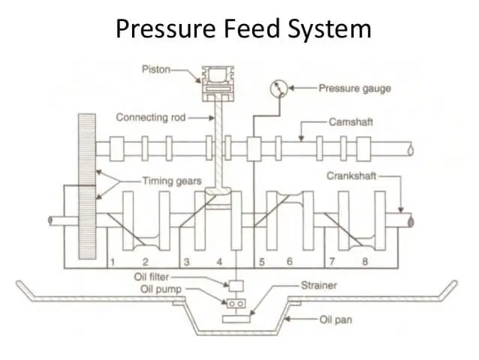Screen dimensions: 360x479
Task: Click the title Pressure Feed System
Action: pos(243,29)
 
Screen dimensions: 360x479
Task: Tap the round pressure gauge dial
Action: pos(279,89)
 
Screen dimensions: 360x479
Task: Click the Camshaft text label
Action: pos(351,120)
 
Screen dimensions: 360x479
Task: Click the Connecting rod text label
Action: pos(150,117)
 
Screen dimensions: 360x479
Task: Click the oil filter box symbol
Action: pos(236,286)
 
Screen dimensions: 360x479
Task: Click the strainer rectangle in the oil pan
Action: pos(236,319)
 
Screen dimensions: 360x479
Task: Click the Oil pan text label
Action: pos(333,319)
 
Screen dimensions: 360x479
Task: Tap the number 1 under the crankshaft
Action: pos(111,262)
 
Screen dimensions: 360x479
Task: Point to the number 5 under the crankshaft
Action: pos(263,262)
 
